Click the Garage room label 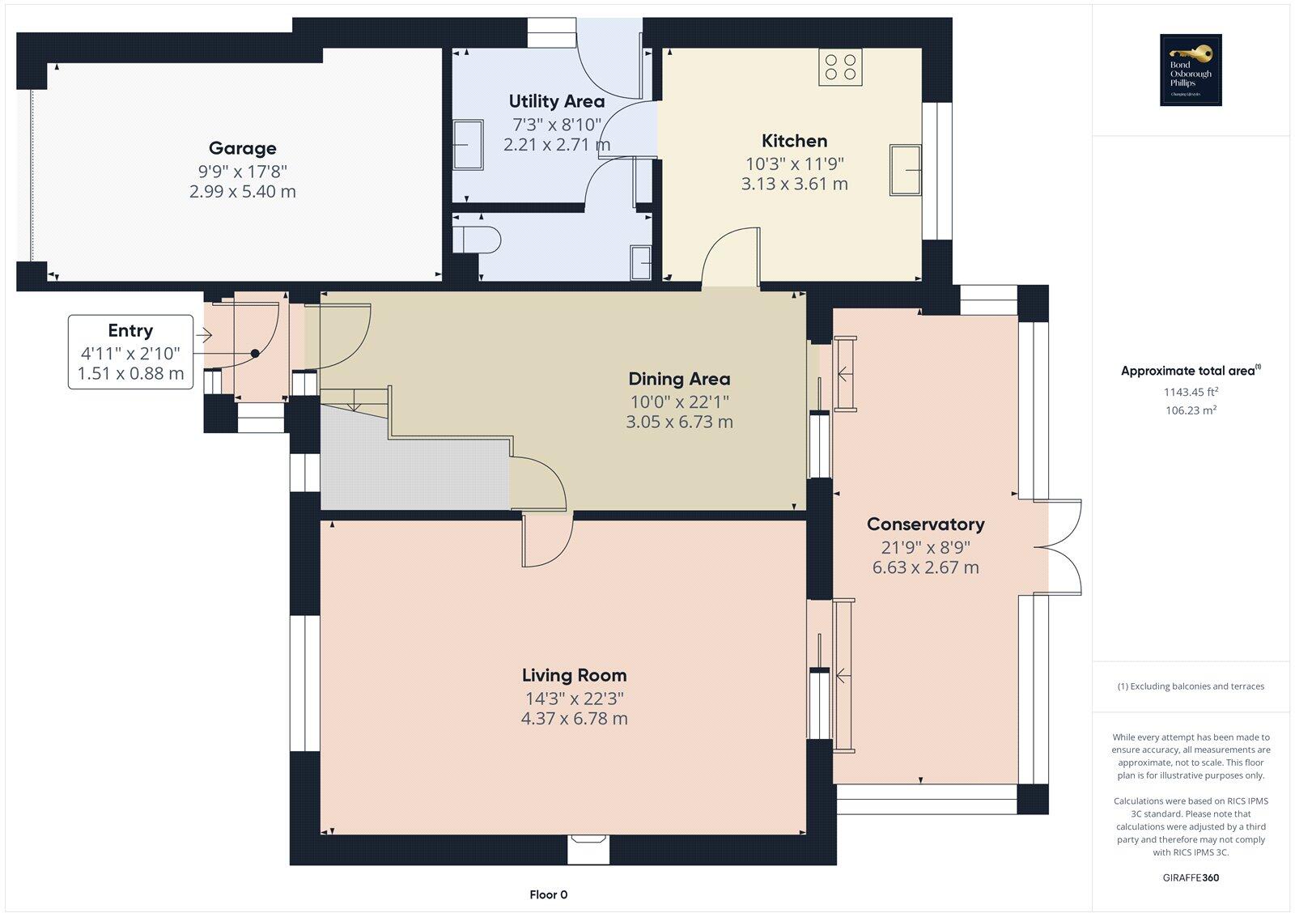click(x=242, y=148)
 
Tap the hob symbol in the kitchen click(x=840, y=66)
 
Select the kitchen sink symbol click(x=906, y=169)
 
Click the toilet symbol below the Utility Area click(x=477, y=240)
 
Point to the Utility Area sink click(x=468, y=145)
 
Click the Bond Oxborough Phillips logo click(x=1191, y=70)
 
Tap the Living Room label click(x=574, y=675)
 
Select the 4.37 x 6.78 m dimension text click(x=574, y=719)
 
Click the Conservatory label click(x=925, y=524)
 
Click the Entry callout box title click(x=130, y=330)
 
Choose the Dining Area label click(x=679, y=379)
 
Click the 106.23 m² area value click(x=1191, y=410)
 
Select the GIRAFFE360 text click(x=1191, y=877)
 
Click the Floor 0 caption click(x=548, y=894)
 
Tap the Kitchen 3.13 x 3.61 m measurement click(x=794, y=184)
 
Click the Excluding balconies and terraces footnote click(x=1191, y=686)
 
